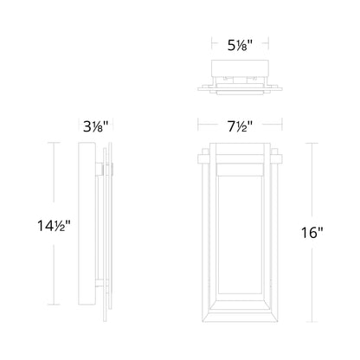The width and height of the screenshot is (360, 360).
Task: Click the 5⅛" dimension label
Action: point(240,45)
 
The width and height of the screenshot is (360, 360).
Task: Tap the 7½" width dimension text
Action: point(240,126)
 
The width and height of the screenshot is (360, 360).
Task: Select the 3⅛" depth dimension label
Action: point(96,126)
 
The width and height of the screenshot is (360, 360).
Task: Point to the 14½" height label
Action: point(54,226)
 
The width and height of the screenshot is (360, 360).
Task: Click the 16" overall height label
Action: point(312,233)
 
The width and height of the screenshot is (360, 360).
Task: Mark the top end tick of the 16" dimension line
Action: point(312,143)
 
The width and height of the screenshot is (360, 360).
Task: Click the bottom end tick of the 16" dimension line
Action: point(312,322)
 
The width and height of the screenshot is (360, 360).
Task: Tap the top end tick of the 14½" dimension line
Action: point(54,143)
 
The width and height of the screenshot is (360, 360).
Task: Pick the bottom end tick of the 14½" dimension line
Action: point(54,305)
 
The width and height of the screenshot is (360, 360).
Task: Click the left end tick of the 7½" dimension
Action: point(198,125)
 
